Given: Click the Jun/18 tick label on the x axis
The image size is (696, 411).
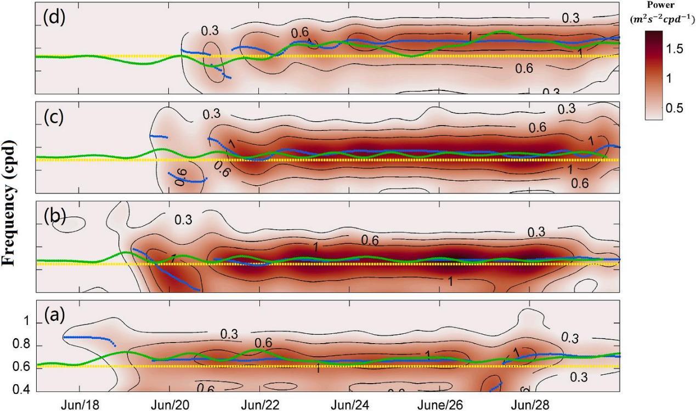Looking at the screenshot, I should (x=80, y=404).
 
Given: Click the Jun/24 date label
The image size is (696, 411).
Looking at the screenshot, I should (x=350, y=404).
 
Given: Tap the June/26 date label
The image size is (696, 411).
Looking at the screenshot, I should (x=440, y=404).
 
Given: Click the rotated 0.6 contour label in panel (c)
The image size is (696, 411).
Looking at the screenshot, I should (x=182, y=177).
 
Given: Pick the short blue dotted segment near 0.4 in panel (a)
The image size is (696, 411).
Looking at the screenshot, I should (x=496, y=387).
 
